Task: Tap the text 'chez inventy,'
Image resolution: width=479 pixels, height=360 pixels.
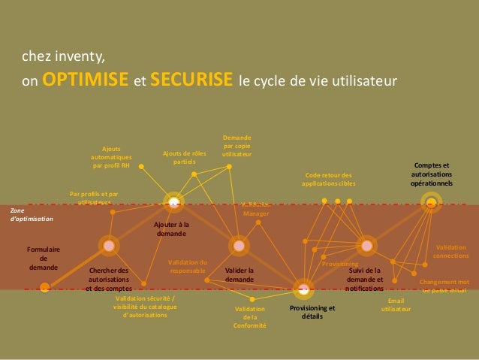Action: (64, 57)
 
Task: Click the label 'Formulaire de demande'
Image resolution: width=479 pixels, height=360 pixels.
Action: (44, 258)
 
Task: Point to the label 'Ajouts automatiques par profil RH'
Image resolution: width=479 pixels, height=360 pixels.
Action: (111, 157)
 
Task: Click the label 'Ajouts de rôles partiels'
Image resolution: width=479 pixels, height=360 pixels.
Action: (184, 158)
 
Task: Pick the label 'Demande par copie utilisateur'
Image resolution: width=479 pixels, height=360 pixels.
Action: (236, 145)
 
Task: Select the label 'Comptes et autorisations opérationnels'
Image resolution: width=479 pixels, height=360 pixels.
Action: (432, 174)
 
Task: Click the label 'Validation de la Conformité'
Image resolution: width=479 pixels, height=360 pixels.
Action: (249, 317)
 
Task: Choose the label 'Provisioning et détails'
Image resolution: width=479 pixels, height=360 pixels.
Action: (312, 312)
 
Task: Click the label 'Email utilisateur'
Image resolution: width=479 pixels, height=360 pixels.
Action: (396, 304)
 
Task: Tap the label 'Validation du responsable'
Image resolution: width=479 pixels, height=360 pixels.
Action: (188, 266)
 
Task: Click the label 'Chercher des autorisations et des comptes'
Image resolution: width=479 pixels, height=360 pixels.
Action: (109, 279)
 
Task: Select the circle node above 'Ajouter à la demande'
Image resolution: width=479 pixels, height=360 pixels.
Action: (173, 201)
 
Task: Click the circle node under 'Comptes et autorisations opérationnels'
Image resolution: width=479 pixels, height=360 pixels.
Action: (431, 201)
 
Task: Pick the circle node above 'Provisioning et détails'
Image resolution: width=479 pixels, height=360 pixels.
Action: (303, 288)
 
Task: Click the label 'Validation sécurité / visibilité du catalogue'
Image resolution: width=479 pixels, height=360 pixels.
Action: (140, 306)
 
